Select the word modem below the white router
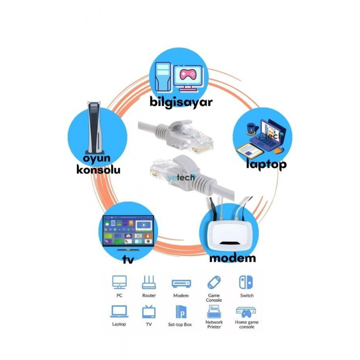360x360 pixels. tap(233, 258)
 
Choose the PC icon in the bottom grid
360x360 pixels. tap(120, 283)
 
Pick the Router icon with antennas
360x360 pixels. tap(149, 283)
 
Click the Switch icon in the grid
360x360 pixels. tap(246, 282)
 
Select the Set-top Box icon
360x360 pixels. tap(180, 311)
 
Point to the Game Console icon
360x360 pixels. tap(214, 282)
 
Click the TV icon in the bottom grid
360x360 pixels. tap(149, 312)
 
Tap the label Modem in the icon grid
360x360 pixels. tap(181, 296)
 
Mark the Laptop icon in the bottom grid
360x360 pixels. tap(119, 311)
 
